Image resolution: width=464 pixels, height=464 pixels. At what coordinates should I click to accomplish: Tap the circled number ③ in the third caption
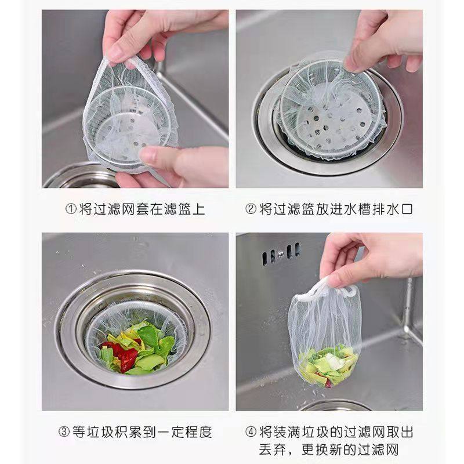tap(64, 432)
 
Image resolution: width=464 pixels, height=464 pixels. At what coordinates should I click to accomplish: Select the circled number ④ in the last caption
tap(250, 432)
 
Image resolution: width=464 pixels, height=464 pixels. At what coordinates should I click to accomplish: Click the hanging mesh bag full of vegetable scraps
tap(325, 336)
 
